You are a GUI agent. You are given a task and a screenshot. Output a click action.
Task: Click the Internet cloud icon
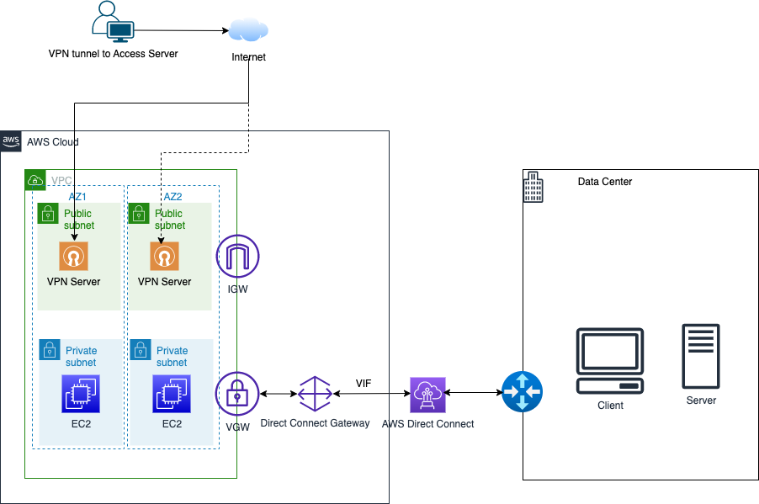coord(248,31)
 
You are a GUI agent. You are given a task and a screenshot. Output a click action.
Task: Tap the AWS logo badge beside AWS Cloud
coord(11,141)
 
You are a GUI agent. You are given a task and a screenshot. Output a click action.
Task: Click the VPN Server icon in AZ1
coord(73,256)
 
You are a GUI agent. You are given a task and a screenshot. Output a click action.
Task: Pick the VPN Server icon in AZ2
coord(164,256)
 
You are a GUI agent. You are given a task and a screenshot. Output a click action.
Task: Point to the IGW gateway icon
coord(237,256)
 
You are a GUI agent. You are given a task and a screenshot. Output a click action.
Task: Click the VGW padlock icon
coord(237,394)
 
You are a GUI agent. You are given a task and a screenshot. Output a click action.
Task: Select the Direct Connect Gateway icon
coord(315,394)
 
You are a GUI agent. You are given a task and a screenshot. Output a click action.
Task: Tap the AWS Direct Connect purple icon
coord(427,394)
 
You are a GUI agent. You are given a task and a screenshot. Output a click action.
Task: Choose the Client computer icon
coord(610,362)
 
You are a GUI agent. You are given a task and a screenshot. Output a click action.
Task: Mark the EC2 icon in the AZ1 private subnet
coord(80,394)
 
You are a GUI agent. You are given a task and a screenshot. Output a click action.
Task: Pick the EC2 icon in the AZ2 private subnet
coord(171,394)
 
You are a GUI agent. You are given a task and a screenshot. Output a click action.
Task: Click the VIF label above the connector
coord(364,383)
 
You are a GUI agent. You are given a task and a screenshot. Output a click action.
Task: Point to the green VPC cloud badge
coord(35,180)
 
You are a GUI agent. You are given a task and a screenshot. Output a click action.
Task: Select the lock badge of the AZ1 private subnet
coord(49,349)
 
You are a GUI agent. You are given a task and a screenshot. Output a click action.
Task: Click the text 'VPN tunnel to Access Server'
coord(113,54)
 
